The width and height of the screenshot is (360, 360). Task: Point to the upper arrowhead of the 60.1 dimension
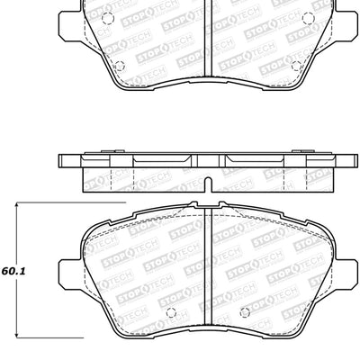19,210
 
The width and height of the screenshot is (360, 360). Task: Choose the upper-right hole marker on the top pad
306,18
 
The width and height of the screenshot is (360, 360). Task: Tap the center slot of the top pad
209,36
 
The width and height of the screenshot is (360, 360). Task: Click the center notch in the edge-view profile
209,185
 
